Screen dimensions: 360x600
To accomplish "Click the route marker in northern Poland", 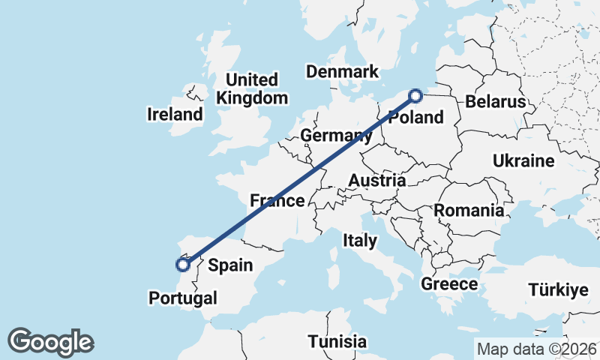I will [415, 95].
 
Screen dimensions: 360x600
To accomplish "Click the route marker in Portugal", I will [182, 264].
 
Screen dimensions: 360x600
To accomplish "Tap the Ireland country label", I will [175, 115].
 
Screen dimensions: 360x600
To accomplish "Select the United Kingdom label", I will [252, 88].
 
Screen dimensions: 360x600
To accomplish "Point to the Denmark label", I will [341, 72].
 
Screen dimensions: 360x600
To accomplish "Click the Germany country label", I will [336, 136].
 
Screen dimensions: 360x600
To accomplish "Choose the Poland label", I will [416, 118].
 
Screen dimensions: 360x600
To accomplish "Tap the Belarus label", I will [492, 101].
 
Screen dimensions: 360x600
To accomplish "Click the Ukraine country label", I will [523, 160].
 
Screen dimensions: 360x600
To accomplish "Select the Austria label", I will [376, 181].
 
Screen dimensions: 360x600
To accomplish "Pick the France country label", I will [277, 200].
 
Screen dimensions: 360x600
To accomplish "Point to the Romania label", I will [469, 210].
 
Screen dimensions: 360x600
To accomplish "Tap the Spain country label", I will [230, 265].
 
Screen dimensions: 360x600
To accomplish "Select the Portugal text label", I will [183, 298].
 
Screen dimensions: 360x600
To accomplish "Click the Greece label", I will [449, 284].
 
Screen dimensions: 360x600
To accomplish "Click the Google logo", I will [50, 342].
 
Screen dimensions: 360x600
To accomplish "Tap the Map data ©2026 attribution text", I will [536, 349].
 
